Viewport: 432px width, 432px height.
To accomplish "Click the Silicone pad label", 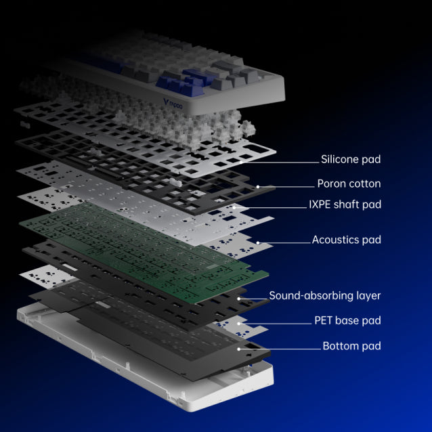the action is click(351, 159).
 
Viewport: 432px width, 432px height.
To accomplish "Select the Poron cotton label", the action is click(349, 183).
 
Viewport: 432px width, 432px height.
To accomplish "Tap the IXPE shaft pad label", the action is click(345, 204).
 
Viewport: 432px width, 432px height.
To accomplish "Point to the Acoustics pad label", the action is click(346, 240).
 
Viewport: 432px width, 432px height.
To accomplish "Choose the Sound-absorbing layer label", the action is click(325, 296).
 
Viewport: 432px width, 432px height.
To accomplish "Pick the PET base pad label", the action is click(347, 320).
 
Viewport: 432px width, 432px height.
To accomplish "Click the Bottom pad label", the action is click(352, 346).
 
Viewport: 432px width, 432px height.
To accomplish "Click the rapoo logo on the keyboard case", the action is click(173, 104).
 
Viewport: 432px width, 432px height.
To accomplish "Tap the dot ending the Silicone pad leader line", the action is click(241, 163).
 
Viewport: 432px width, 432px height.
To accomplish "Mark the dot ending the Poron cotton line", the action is click(258, 187).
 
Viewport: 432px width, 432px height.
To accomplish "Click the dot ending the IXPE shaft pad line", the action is click(234, 207).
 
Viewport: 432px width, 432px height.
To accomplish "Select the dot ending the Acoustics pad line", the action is click(258, 242).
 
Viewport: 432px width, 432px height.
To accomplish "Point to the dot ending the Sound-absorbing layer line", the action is click(239, 299).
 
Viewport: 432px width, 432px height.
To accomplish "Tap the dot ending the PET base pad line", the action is click(239, 324).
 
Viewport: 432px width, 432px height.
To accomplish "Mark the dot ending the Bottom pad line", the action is click(239, 349).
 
